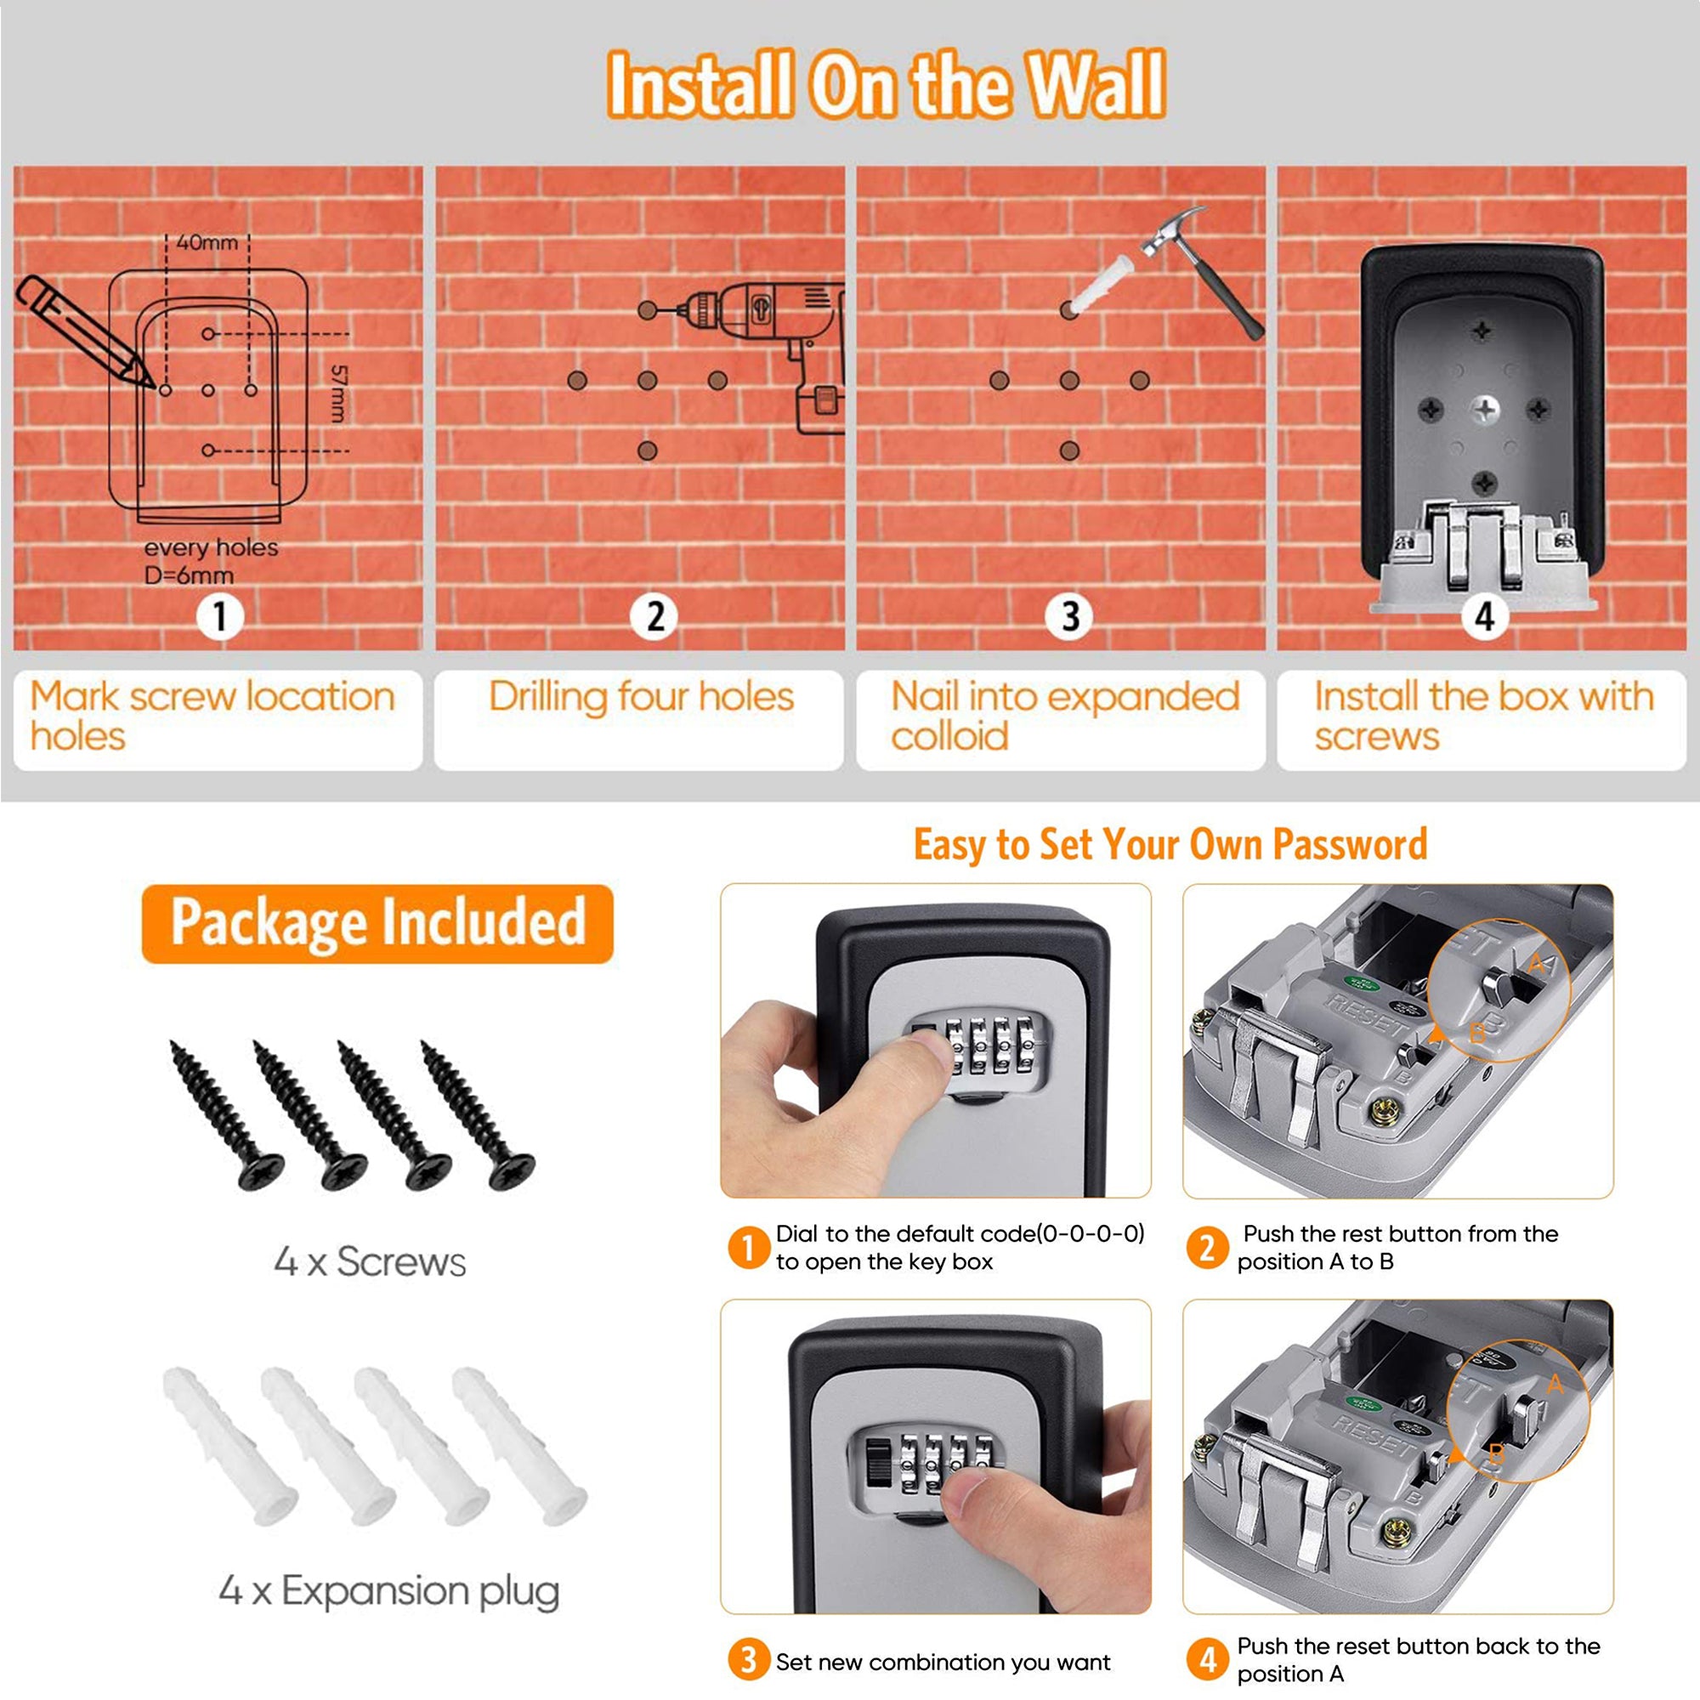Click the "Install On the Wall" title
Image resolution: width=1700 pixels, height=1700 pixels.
pos(887,84)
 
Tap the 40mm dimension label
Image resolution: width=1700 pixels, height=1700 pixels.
pos(207,242)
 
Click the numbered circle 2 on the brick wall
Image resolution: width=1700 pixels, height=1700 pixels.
pos(654,617)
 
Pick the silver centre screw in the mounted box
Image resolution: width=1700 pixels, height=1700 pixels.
pos(1484,409)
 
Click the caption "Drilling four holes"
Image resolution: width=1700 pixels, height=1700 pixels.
pos(641,697)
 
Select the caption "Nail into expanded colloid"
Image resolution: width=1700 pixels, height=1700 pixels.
pos(1065,717)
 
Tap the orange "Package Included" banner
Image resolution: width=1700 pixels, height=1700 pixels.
pos(377,923)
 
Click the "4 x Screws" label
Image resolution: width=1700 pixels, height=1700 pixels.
pos(370,1261)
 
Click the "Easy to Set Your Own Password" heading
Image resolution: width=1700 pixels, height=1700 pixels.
pos(1170,844)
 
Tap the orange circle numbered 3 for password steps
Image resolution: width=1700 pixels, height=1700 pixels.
pos(747,1660)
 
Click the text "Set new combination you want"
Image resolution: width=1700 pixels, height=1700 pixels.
pos(943,1661)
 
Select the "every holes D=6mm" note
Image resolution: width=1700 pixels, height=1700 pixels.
pos(211,561)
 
